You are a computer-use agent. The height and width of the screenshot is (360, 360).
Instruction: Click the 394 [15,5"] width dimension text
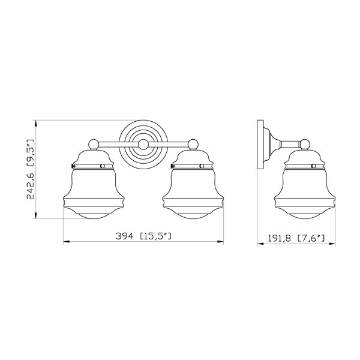click(x=143, y=236)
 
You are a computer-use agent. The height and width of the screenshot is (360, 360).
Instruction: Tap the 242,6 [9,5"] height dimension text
click(x=31, y=169)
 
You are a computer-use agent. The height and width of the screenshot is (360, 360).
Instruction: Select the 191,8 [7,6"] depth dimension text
click(x=296, y=238)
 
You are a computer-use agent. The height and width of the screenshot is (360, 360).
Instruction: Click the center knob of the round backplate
click(x=143, y=145)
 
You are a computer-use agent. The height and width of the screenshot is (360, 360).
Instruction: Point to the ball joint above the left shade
click(x=94, y=145)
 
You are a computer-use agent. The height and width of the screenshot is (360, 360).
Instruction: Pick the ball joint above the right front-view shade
click(x=193, y=145)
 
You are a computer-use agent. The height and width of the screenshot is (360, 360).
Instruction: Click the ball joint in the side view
click(x=305, y=145)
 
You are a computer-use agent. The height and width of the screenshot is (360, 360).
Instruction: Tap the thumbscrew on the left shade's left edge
click(x=73, y=166)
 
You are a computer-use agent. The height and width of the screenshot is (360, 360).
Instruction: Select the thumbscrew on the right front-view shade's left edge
click(x=172, y=166)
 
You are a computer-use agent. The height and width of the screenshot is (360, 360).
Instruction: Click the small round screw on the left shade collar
click(x=103, y=166)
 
